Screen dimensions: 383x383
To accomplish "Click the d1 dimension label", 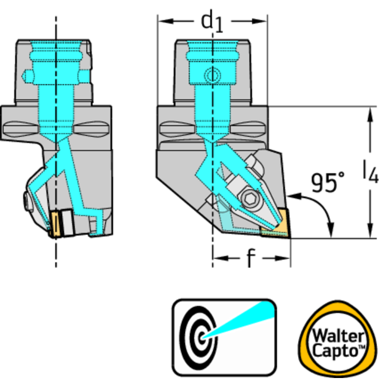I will coord(212,22).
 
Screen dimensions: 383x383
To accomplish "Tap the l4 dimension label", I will coord(370,172).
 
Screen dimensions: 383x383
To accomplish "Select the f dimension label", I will coord(251,259).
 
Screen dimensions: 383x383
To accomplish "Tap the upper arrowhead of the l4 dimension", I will coord(370,112).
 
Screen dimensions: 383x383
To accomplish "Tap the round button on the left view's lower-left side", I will coord(25,202).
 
